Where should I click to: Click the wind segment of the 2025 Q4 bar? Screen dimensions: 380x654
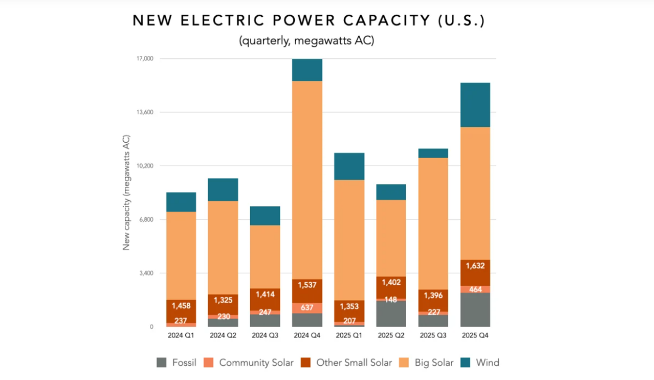point(475,105)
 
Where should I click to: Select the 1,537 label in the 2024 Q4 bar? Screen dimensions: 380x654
point(307,284)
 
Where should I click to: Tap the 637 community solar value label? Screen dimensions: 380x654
point(307,308)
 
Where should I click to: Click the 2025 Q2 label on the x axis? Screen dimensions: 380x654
point(391,336)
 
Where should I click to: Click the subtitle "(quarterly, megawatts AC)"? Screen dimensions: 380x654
point(306,41)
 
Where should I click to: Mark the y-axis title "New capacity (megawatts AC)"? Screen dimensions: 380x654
point(126,192)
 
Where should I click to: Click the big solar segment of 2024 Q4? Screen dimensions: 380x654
point(307,180)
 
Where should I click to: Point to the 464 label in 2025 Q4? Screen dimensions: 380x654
point(475,289)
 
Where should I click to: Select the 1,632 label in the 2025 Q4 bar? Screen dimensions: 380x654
point(475,267)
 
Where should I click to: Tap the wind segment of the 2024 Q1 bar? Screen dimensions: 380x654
point(181,202)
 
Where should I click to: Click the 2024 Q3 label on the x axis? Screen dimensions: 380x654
point(265,336)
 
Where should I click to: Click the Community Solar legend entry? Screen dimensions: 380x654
point(250,363)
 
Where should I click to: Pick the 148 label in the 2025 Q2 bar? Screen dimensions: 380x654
point(391,299)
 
